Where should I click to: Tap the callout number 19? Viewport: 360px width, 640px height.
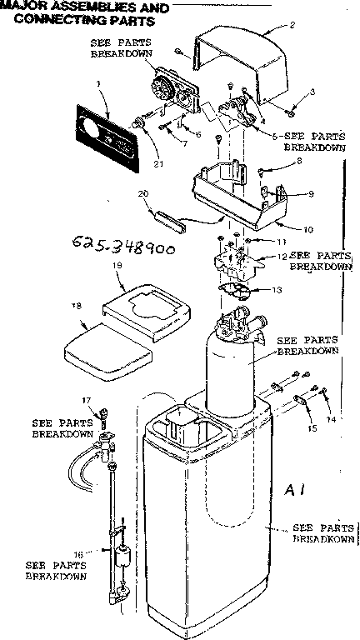point(117,264)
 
